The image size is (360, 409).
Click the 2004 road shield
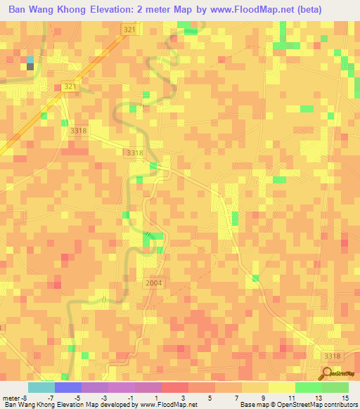click(155, 283)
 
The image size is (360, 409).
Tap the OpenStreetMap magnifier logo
click(328, 372)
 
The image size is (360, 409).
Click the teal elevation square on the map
click(30, 60)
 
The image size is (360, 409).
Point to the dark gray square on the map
click(30, 67)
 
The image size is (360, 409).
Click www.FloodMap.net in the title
click(267, 9)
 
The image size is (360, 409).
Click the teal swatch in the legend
click(41, 387)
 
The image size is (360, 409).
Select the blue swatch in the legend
click(67, 387)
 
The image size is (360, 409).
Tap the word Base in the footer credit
click(247, 405)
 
